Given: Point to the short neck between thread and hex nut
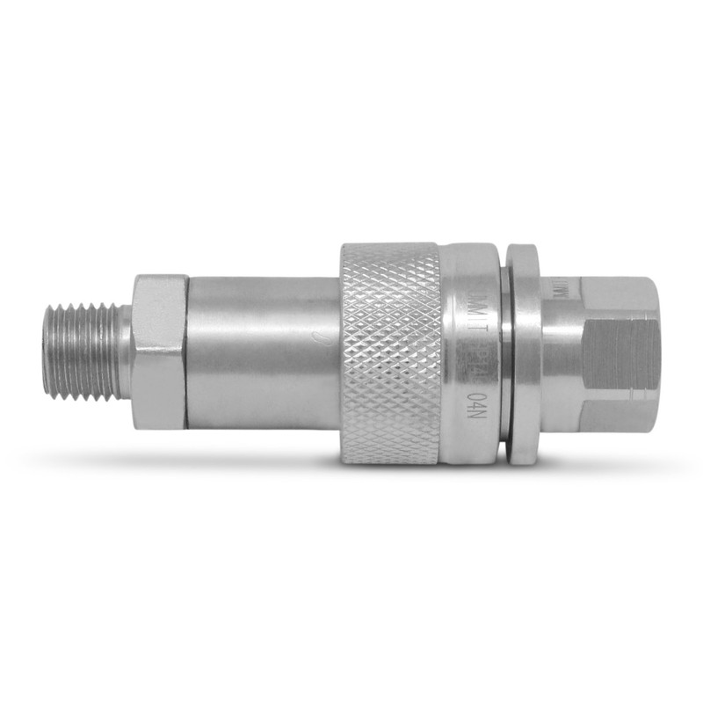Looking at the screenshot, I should click(127, 351).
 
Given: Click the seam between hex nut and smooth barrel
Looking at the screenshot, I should click(187, 351).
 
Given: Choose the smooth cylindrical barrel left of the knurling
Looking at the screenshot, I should click(264, 351).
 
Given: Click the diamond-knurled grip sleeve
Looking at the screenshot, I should click(391, 351).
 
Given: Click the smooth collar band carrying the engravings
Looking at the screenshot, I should click(470, 351).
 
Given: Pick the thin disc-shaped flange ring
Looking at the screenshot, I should click(523, 351).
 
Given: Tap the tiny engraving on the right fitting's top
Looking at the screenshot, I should click(562, 287).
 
